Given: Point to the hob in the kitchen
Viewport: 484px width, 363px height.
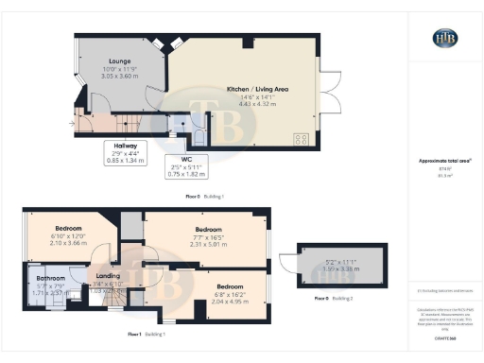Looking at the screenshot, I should (303, 138).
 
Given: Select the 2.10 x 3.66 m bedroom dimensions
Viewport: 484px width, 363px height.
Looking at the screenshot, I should (69, 243).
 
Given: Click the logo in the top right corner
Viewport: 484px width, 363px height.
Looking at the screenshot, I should (444, 38).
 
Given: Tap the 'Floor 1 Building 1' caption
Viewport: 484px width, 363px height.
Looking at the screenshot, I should (148, 335).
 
